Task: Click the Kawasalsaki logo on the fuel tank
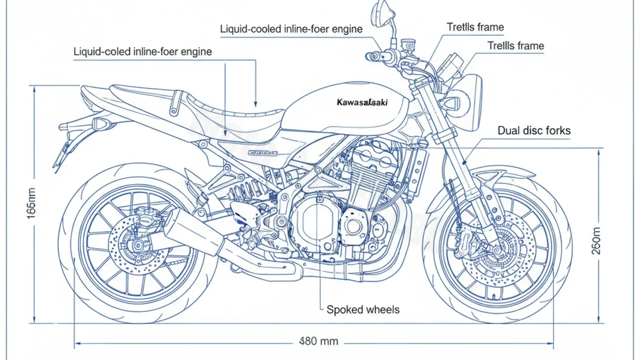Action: pos(363,102)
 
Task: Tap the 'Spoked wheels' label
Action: pos(363,309)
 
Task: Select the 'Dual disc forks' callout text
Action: pos(533,130)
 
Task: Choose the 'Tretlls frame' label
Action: pos(475,27)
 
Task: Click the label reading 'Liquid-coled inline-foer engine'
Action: pos(142,52)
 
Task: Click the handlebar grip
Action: pos(373,55)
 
